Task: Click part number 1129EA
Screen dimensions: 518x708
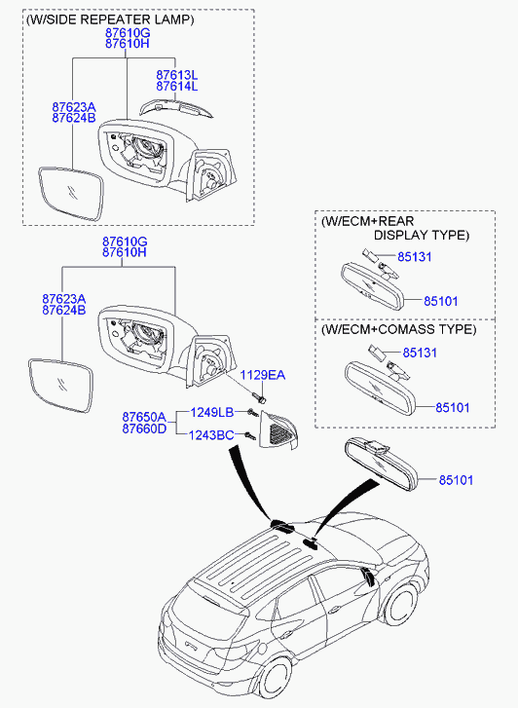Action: tap(262, 375)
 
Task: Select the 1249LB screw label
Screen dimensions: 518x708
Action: tap(212, 412)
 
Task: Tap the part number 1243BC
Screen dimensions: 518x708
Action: tap(211, 435)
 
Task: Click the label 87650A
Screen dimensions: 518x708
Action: tap(144, 416)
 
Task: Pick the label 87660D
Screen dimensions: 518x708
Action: tap(144, 429)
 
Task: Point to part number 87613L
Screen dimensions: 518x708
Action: tap(176, 75)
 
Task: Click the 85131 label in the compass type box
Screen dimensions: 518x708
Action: tap(420, 353)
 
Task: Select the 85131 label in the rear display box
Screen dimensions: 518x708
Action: tap(415, 257)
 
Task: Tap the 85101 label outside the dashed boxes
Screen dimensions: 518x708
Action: tap(456, 480)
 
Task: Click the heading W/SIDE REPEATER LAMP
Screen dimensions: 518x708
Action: tap(111, 19)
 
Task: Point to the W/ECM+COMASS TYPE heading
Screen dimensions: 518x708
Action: tap(399, 329)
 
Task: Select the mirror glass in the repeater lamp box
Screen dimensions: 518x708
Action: tap(71, 194)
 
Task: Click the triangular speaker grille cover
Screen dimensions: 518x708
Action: tap(279, 431)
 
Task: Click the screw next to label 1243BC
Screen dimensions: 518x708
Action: tap(249, 435)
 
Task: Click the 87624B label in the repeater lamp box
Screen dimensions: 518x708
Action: tap(74, 118)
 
